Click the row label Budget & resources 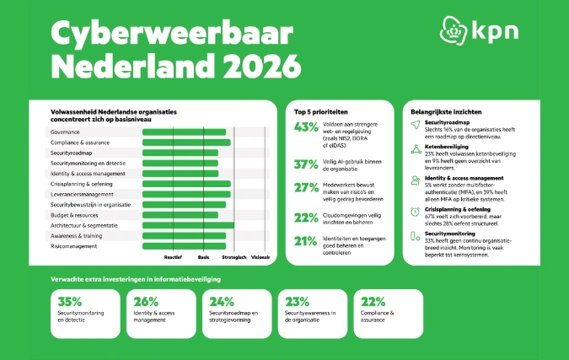pos(76,215)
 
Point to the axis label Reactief pos(173,255)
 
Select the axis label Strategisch pos(234,255)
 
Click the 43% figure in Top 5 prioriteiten pos(306,128)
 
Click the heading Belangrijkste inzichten pos(447,110)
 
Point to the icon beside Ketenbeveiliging pos(415,150)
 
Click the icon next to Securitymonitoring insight pos(415,237)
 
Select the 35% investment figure pos(70,301)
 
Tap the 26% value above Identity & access pos(146,301)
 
